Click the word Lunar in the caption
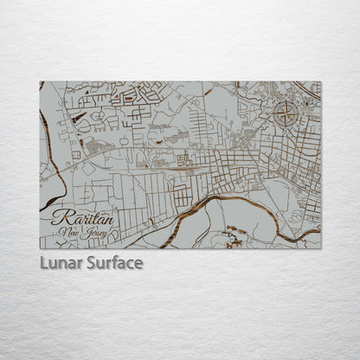click(61, 262)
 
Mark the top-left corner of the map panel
click(40, 82)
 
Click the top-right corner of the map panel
click(320, 82)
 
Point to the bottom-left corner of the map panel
click(40, 248)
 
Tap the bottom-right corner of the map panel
click(320, 248)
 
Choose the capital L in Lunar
click(44, 262)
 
